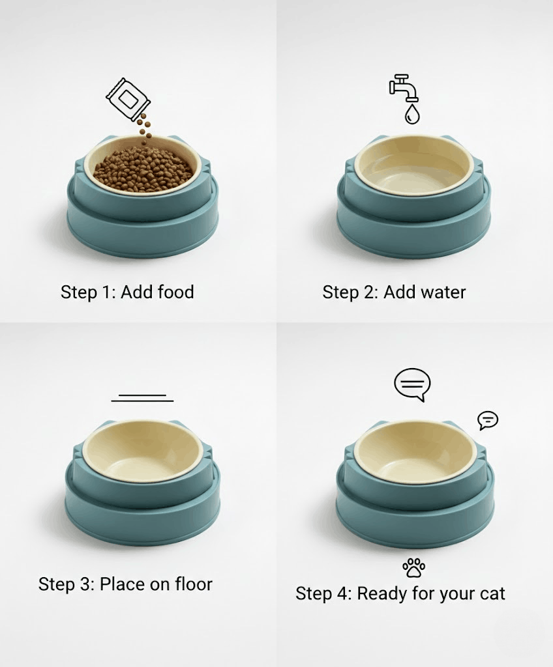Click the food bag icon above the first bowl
tap(128, 98)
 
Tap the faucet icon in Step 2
tap(404, 87)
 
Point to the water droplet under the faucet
tap(412, 115)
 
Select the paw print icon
tap(413, 567)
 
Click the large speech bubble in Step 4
tap(413, 384)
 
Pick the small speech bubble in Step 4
tap(487, 420)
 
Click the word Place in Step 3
tap(122, 584)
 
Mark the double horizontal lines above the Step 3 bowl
tap(142, 397)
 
